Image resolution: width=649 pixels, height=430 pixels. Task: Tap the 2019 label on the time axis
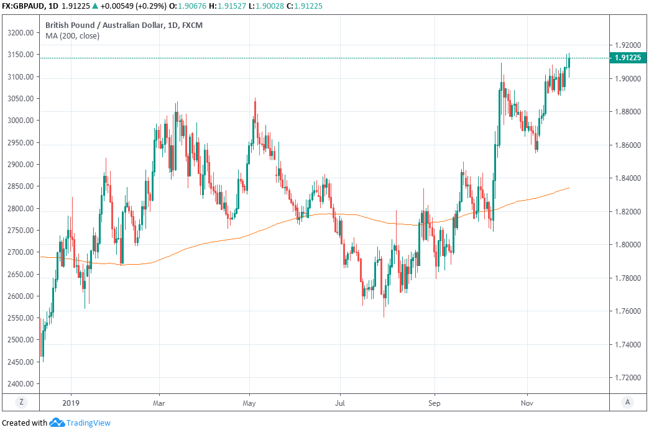(x=71, y=402)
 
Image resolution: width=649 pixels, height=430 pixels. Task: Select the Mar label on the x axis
(x=159, y=402)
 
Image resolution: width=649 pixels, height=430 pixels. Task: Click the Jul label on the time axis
(x=340, y=402)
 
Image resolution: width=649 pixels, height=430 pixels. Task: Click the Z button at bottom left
(x=22, y=402)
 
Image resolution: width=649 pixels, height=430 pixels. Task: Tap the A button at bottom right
(x=627, y=402)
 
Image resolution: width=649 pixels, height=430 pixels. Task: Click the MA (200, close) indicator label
(x=72, y=35)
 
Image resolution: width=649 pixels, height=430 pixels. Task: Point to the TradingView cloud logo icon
(x=58, y=423)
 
